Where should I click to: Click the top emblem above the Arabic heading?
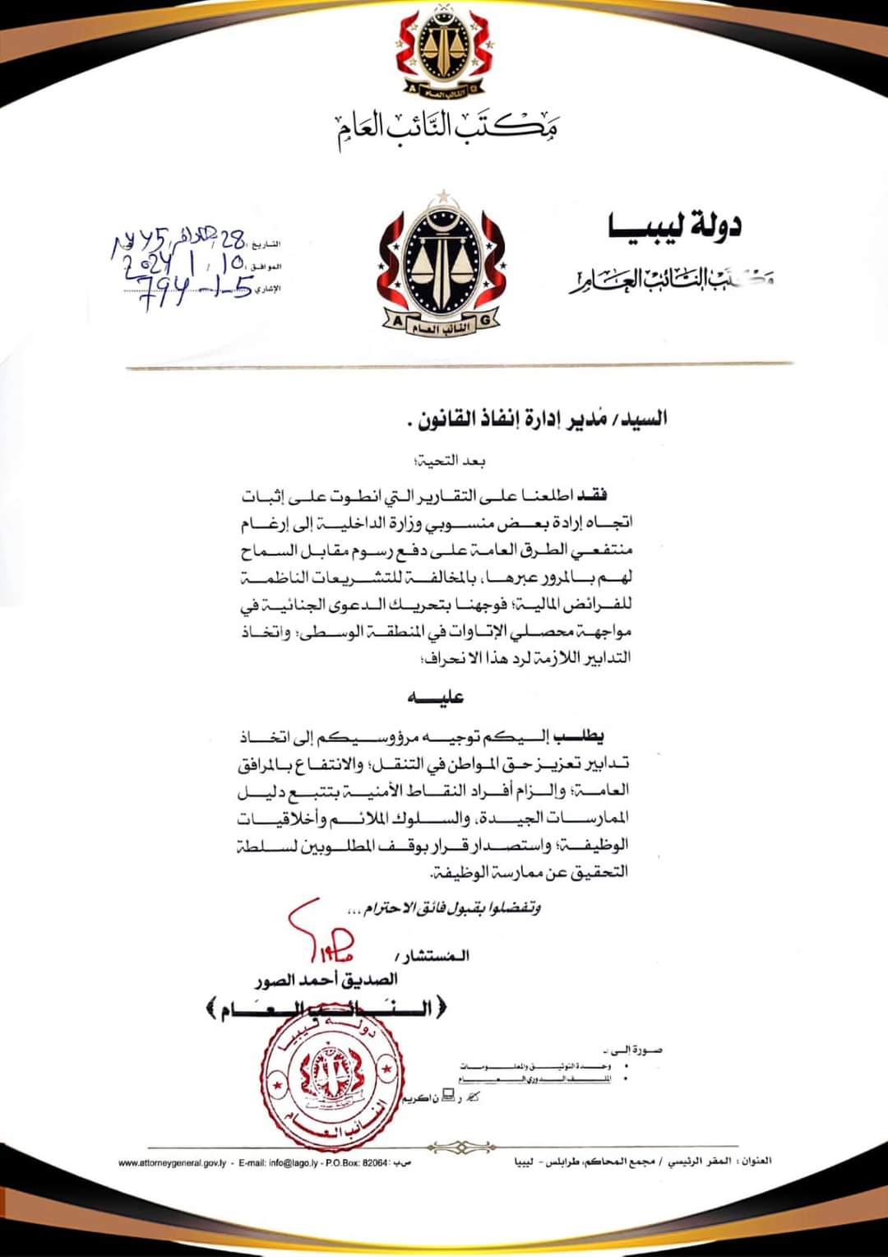(445, 54)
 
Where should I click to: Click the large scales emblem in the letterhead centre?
(443, 267)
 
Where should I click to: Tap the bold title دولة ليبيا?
(674, 225)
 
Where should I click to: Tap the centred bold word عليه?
(436, 698)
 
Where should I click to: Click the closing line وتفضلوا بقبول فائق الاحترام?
(445, 909)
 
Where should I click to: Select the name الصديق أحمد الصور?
(326, 980)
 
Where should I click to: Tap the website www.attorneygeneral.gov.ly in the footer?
(172, 1163)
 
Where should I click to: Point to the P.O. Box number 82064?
(375, 1163)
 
